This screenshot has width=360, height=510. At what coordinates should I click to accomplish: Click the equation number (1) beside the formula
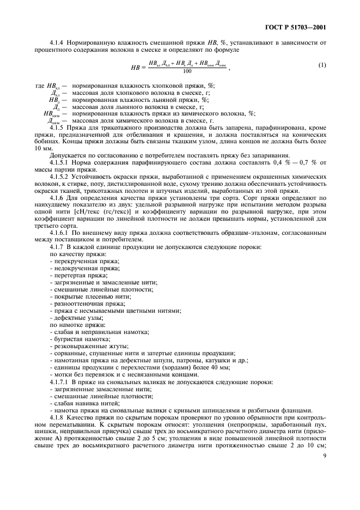(322, 66)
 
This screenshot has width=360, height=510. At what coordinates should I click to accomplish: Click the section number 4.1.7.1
(60, 382)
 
